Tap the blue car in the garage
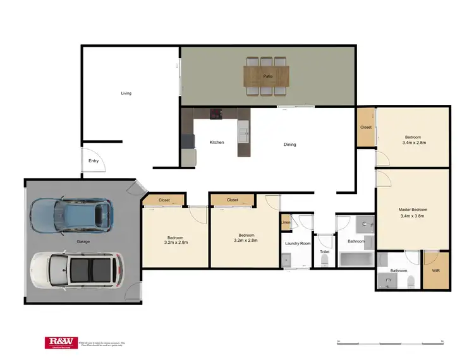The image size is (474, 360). pyautogui.click(x=71, y=215)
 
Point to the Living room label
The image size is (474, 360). pyautogui.click(x=126, y=93)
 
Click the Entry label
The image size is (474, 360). pyautogui.click(x=94, y=161)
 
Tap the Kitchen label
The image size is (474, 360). pyautogui.click(x=217, y=143)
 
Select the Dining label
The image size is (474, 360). pyautogui.click(x=289, y=145)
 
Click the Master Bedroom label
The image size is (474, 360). pyautogui.click(x=413, y=210)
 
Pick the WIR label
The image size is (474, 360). pyautogui.click(x=435, y=271)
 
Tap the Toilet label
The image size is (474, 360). pyautogui.click(x=325, y=252)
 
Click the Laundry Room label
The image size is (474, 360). pyautogui.click(x=297, y=243)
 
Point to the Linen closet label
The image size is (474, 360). pyautogui.click(x=286, y=222)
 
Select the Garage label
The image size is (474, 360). pyautogui.click(x=83, y=242)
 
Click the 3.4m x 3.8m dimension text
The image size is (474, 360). pyautogui.click(x=413, y=217)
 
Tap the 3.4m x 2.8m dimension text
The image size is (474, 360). pyautogui.click(x=413, y=143)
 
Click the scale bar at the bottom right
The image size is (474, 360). pyautogui.click(x=390, y=342)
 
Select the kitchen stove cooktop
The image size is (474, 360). pyautogui.click(x=217, y=114)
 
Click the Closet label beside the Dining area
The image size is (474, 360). pyautogui.click(x=366, y=128)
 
